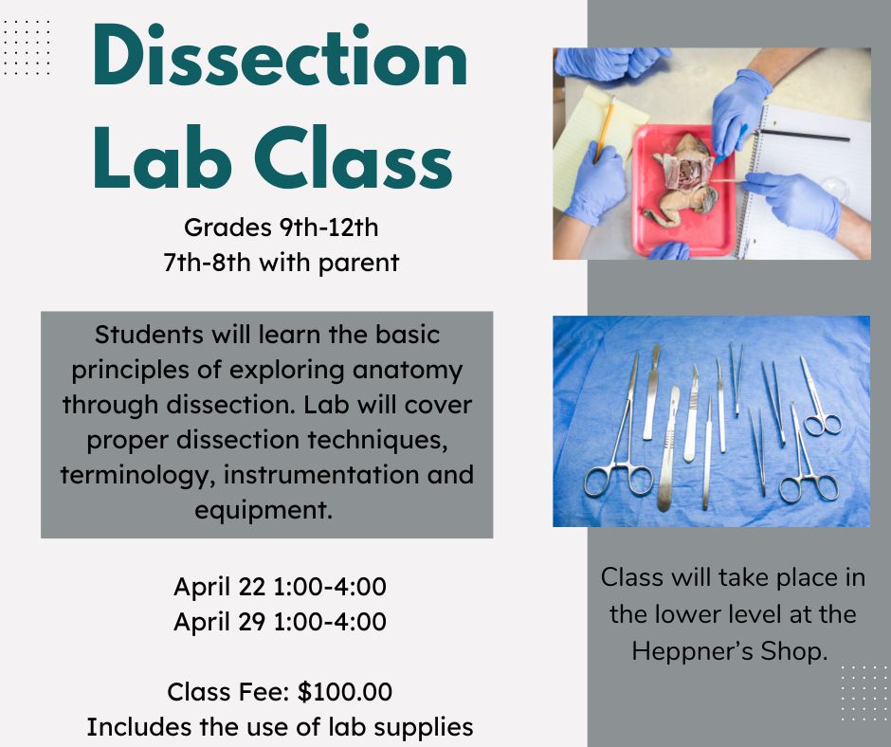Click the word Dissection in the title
tap(280, 56)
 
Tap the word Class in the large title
tap(353, 157)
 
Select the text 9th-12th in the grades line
tap(329, 228)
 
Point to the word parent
tap(358, 264)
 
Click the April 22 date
tap(220, 587)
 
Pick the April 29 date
tap(220, 622)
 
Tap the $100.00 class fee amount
tap(345, 692)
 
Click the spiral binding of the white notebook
tap(749, 182)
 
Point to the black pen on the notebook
tap(801, 135)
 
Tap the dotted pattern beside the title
tap(27, 47)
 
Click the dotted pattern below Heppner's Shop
tap(864, 693)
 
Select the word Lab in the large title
tap(162, 157)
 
